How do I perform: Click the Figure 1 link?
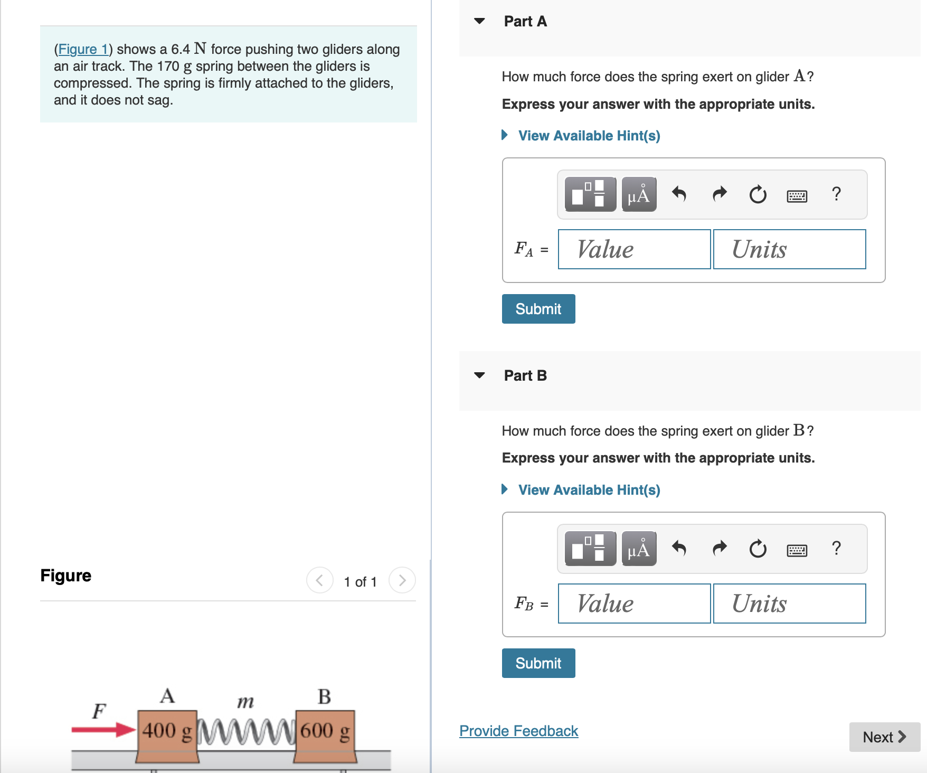[83, 49]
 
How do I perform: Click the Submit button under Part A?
[538, 309]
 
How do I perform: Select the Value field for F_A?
[634, 249]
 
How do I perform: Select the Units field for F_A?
[789, 249]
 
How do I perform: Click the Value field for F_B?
[634, 604]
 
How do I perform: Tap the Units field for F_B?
[789, 604]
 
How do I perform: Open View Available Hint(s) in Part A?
[589, 136]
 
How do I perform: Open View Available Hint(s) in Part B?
[589, 490]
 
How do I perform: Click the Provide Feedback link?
[518, 731]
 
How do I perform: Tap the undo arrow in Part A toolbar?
[679, 194]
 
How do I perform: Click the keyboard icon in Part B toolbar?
[797, 551]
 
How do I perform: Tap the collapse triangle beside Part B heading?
[479, 375]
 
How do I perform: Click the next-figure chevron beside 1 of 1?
[402, 580]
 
